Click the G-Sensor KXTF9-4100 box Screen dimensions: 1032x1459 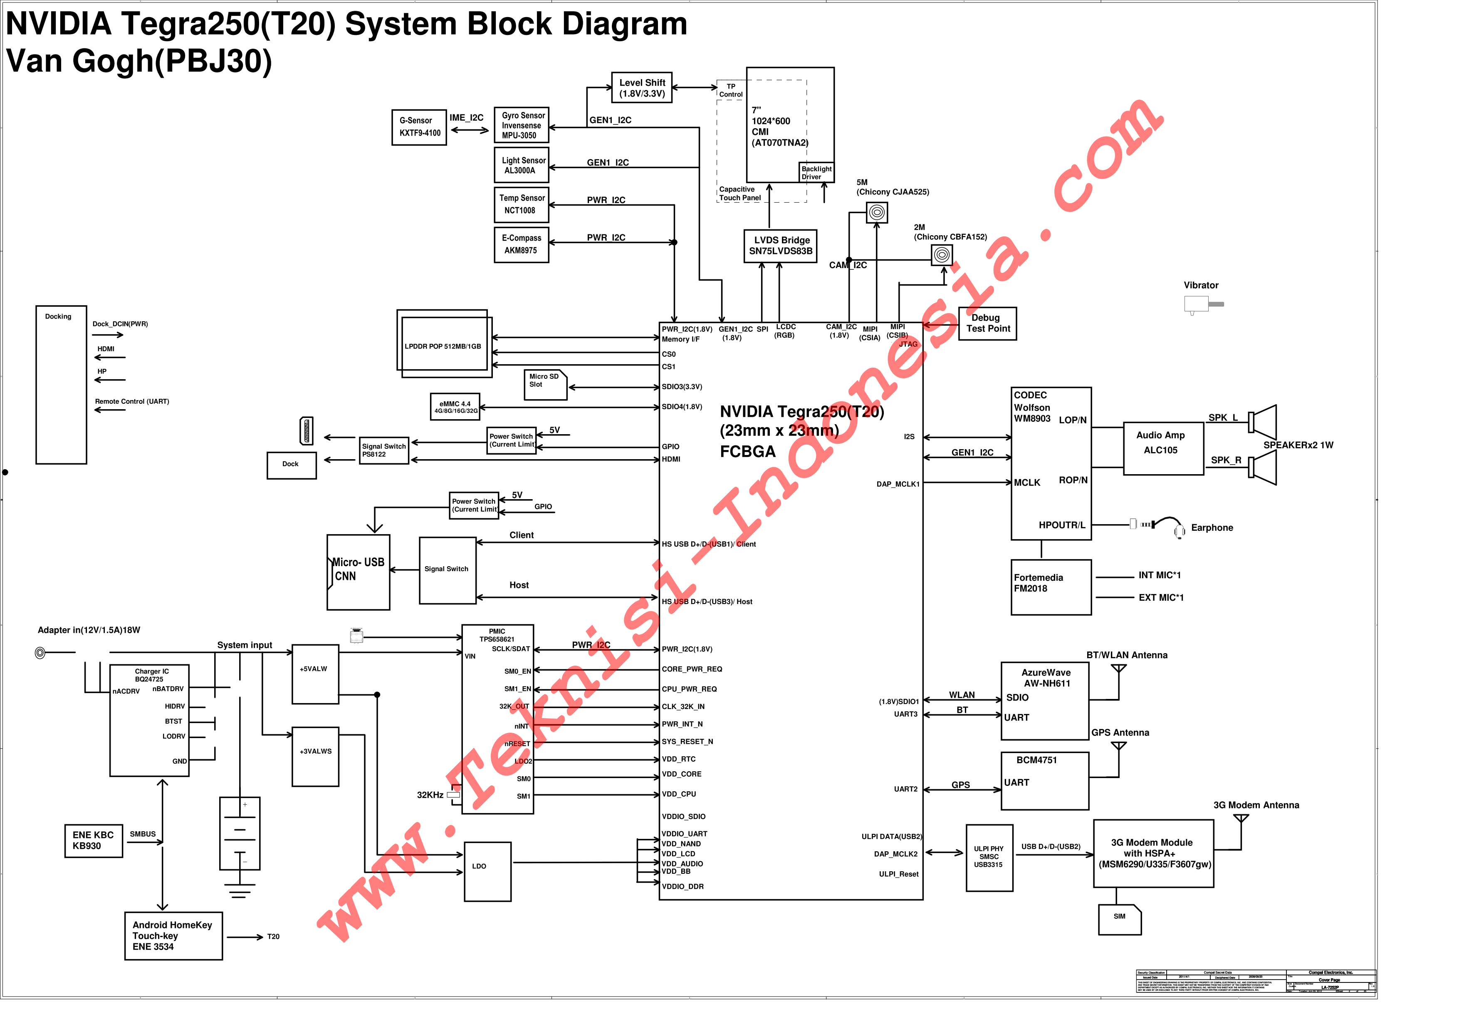[x=419, y=127]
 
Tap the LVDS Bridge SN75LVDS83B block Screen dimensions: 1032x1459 [x=780, y=246]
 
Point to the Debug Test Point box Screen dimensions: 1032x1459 [x=987, y=323]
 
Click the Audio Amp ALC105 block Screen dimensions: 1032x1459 [x=1163, y=448]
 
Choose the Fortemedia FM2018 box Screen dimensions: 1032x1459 [x=1051, y=587]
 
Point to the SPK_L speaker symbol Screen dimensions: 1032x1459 [x=1263, y=422]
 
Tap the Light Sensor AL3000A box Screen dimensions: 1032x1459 [x=521, y=165]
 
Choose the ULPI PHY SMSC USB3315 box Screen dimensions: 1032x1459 [x=988, y=857]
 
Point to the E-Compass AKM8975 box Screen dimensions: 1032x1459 [x=521, y=244]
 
